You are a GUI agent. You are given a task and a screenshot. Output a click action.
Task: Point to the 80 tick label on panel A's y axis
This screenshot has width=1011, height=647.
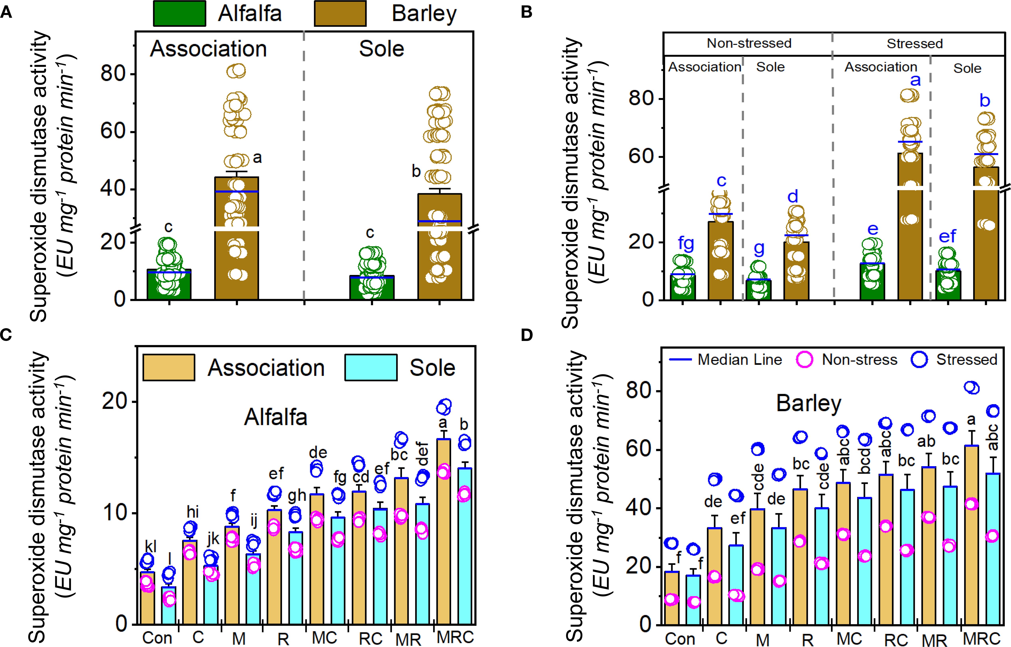click(x=114, y=74)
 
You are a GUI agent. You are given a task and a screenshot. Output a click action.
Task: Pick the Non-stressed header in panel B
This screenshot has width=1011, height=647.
click(x=749, y=43)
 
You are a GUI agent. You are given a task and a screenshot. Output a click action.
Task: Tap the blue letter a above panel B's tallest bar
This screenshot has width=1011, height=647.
click(x=915, y=80)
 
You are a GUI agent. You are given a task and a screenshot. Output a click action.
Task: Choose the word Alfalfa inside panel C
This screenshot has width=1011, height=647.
click(x=276, y=417)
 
